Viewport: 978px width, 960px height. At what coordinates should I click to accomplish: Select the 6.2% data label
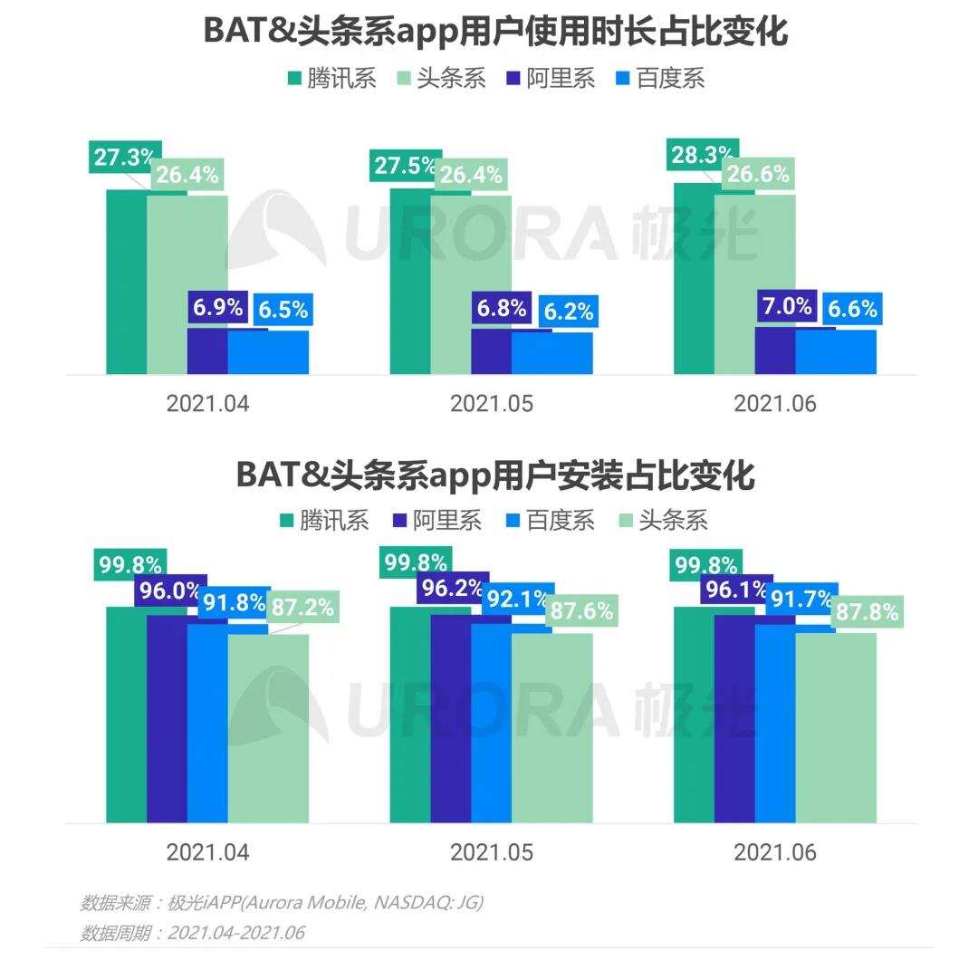tap(569, 312)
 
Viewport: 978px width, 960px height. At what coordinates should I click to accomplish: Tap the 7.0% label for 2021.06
tap(786, 307)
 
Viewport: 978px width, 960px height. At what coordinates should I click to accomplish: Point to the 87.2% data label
tap(302, 607)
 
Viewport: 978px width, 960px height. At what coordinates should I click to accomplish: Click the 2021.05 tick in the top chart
tap(491, 404)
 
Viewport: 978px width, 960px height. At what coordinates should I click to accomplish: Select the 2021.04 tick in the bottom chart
tap(207, 852)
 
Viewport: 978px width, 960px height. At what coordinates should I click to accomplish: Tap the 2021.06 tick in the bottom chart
tap(775, 852)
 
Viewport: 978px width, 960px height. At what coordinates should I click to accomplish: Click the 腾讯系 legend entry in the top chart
tap(331, 78)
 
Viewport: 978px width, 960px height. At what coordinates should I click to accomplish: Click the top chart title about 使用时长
tap(495, 33)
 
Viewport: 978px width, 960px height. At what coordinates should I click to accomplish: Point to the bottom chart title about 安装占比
tap(495, 475)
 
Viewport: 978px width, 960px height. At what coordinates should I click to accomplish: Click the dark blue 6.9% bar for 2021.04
tap(207, 352)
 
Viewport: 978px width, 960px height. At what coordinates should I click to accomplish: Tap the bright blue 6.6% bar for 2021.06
tap(836, 352)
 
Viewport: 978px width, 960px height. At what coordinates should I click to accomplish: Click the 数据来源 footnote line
tap(282, 903)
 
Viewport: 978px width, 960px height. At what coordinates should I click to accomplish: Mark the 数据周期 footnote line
tap(192, 933)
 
